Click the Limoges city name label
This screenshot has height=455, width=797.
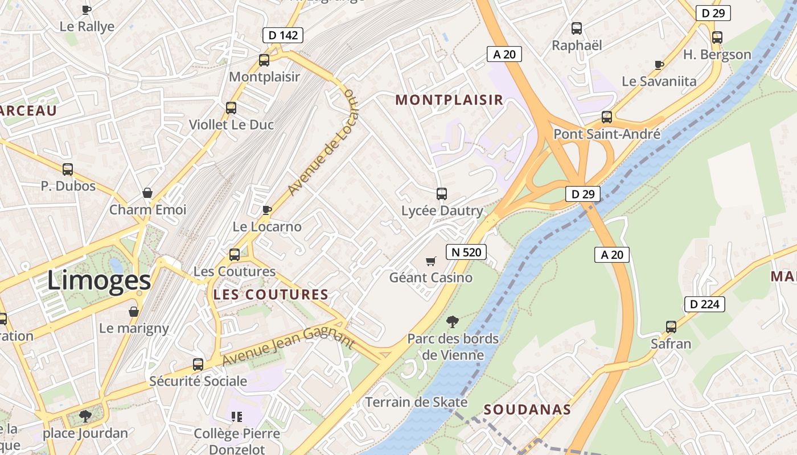(x=99, y=280)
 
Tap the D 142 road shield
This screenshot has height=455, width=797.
(x=283, y=35)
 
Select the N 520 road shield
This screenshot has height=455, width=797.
(x=466, y=252)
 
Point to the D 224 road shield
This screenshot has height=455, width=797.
(x=704, y=304)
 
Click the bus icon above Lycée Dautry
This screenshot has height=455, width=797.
(x=442, y=193)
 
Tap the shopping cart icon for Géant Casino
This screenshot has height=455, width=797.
(x=431, y=261)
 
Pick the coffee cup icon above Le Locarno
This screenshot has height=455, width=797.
(x=267, y=210)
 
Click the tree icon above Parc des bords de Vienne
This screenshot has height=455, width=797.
(x=453, y=322)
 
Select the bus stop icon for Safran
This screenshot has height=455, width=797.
(x=671, y=327)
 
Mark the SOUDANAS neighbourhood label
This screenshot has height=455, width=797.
(x=527, y=409)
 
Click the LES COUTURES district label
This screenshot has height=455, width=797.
(x=271, y=295)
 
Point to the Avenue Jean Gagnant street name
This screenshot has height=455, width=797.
(x=288, y=346)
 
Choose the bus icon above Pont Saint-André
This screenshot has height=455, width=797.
(x=607, y=117)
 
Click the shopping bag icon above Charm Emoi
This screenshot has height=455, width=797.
(x=147, y=193)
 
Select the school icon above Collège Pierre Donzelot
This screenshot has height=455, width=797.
(x=237, y=417)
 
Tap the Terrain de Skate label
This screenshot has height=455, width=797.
(x=416, y=402)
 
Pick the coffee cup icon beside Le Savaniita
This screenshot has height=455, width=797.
(x=659, y=65)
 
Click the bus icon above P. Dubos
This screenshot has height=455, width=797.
(x=68, y=169)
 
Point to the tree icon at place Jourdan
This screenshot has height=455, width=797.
(x=85, y=416)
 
